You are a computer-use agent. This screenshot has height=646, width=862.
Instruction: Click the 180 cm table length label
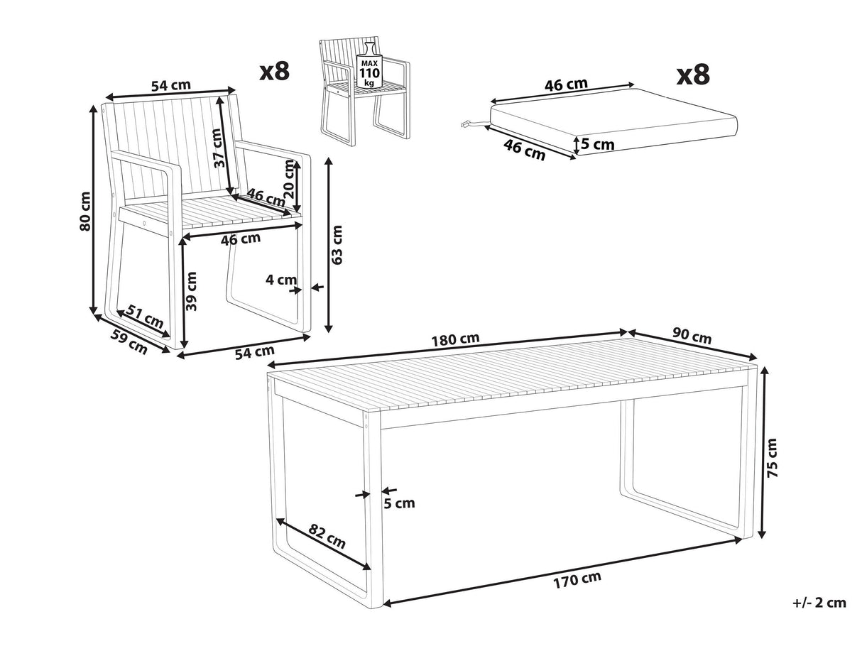tap(456, 339)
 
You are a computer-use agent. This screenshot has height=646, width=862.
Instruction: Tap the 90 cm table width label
tap(692, 336)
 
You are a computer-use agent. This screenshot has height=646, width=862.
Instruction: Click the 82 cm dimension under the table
tap(327, 536)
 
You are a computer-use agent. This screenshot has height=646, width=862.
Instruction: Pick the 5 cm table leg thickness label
tap(399, 503)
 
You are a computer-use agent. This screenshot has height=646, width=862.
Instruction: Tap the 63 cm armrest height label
tap(337, 244)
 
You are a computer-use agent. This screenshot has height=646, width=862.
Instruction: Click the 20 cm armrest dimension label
tap(289, 180)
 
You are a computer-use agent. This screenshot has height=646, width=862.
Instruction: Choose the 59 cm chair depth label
tap(129, 341)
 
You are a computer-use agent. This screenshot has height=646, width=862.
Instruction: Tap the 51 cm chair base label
tap(146, 317)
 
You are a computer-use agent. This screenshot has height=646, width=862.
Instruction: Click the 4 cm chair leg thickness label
tap(281, 280)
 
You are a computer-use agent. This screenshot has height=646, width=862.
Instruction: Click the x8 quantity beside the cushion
tap(693, 75)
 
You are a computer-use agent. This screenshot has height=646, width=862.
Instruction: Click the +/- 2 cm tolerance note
tap(819, 614)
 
